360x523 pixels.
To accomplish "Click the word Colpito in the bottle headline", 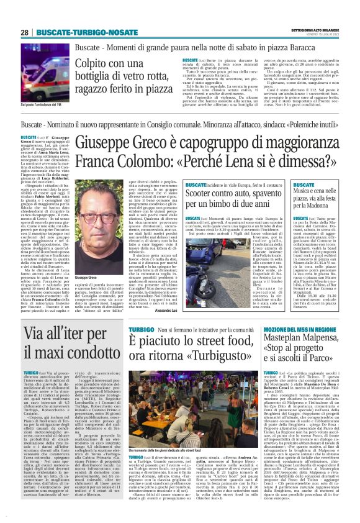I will pos(95,63).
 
